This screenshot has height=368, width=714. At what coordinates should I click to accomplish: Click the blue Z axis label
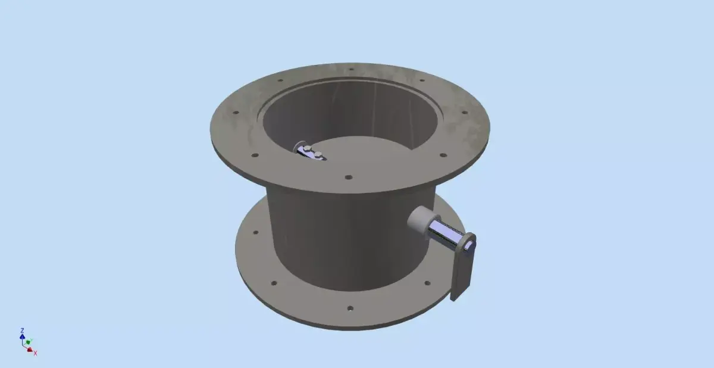click(22, 330)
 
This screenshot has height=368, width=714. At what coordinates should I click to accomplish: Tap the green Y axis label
click(32, 341)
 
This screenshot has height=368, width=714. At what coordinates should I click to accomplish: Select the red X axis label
click(36, 353)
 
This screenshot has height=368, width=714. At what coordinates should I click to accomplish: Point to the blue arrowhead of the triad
click(22, 336)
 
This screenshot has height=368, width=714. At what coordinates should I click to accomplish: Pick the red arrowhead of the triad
click(30, 350)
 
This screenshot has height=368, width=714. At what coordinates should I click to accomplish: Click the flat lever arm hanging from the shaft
click(462, 271)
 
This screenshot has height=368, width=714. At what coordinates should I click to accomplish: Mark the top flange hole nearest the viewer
click(349, 177)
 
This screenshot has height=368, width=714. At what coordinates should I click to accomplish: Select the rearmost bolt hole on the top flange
click(351, 69)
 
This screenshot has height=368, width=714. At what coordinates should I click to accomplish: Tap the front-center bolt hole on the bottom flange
click(350, 308)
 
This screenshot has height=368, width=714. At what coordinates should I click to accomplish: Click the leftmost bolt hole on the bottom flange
click(256, 233)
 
